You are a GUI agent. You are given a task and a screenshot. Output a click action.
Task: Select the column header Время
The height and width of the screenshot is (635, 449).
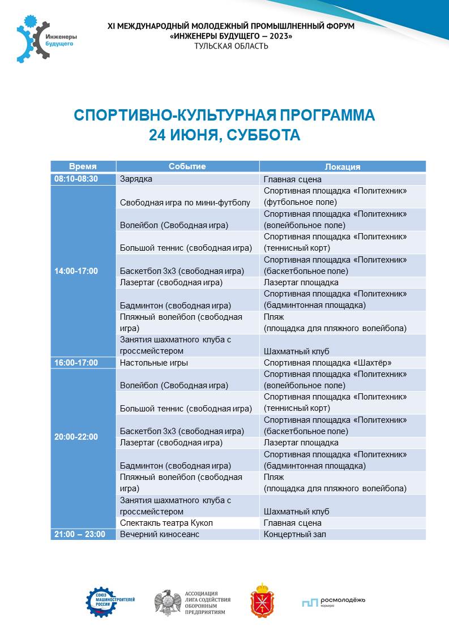point(83,166)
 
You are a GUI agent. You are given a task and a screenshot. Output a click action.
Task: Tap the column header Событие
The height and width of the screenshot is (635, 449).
point(187,166)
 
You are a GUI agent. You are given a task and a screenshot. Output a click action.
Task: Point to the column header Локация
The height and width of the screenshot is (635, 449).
point(343,166)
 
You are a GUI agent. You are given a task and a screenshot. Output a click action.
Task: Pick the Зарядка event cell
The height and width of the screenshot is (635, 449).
point(136,179)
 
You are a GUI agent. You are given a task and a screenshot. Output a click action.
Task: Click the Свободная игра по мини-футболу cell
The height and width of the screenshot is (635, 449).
point(185,202)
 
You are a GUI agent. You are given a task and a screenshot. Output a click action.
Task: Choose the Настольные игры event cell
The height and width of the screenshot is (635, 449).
point(154,363)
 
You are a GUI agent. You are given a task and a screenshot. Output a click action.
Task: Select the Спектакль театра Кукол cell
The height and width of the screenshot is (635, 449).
point(166,523)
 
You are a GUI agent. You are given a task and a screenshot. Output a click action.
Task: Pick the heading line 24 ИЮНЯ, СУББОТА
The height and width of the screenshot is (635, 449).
point(224,135)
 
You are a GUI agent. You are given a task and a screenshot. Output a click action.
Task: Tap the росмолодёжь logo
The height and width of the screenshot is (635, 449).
point(333,602)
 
